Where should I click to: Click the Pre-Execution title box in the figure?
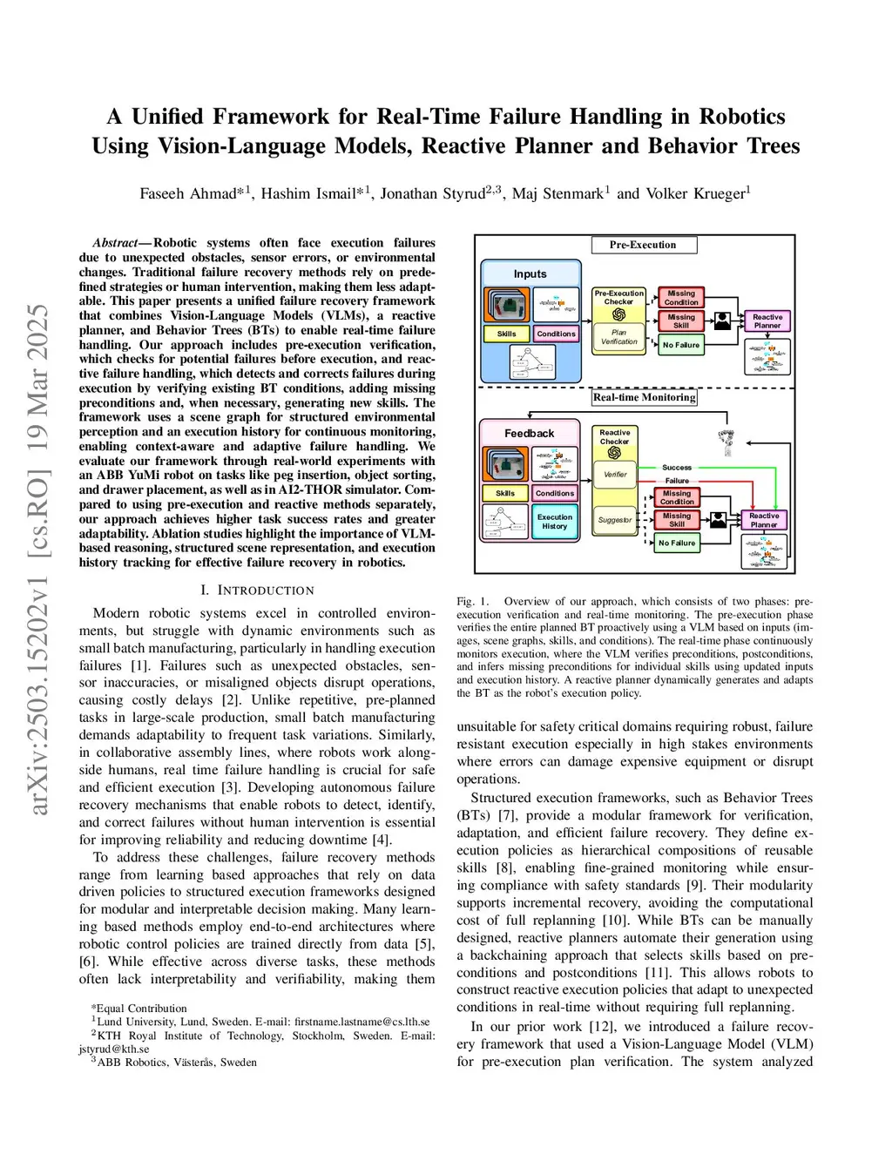click(643, 245)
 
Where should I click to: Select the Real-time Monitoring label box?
click(645, 397)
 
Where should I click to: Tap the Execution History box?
click(554, 522)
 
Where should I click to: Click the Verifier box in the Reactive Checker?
click(615, 475)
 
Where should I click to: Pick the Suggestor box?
click(615, 520)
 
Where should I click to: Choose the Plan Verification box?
click(618, 337)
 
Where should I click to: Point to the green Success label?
click(677, 468)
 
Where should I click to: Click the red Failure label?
click(677, 481)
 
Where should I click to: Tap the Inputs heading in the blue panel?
click(530, 273)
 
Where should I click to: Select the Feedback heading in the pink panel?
click(529, 433)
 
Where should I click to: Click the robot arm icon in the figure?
click(726, 442)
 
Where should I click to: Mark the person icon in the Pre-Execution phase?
click(722, 321)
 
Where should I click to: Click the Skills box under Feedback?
click(505, 493)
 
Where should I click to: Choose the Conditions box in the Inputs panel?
click(556, 334)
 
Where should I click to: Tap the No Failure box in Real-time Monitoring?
click(677, 543)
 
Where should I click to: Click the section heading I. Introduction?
click(257, 590)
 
